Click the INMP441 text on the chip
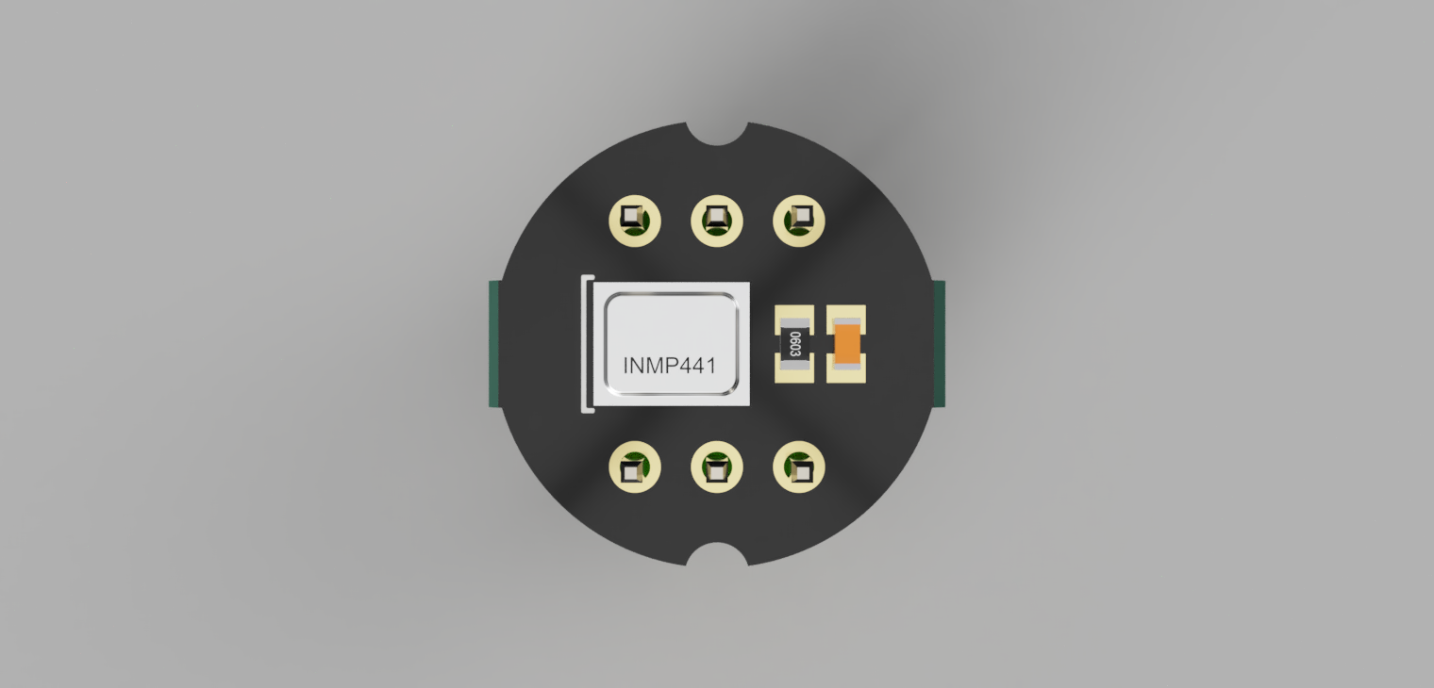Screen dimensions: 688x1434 pos(669,365)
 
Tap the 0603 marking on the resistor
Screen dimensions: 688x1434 pos(794,344)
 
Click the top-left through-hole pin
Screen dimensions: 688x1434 pos(634,221)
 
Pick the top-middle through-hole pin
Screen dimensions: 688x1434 pos(716,221)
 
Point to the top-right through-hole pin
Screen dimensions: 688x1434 pos(799,221)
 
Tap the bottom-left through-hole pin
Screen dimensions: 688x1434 pos(634,467)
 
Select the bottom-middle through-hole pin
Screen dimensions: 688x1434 pos(716,467)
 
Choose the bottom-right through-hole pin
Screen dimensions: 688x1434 pos(799,467)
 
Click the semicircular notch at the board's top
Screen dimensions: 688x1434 pos(716,132)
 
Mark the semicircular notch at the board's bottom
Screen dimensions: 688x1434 pos(716,556)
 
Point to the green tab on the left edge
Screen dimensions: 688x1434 pos(493,344)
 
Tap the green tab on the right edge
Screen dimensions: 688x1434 pos(939,344)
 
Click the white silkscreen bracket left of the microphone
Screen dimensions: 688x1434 pos(586,344)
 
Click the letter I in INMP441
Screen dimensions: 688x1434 pos(626,365)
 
